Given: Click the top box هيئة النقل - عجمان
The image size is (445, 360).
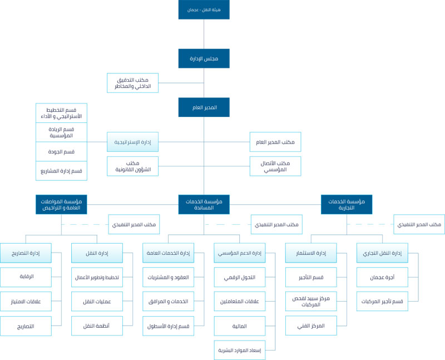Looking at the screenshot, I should [204, 9].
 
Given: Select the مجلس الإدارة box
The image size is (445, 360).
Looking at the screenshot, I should [204, 58].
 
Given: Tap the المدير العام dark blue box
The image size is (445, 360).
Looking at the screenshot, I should [204, 107].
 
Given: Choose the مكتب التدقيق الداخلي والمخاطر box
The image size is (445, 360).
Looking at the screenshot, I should [133, 83].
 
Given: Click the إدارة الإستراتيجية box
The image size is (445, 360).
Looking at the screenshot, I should [133, 142].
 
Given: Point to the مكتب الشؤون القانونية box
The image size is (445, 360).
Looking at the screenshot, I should [133, 166].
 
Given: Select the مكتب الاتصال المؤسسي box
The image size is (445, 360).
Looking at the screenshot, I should [275, 166].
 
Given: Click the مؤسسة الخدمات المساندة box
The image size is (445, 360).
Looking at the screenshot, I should [204, 204].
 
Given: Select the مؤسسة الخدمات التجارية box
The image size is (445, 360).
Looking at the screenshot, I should [347, 204].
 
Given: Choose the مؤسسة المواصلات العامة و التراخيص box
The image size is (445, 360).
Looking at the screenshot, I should [61, 204].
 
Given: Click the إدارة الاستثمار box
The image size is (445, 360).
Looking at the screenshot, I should [311, 253].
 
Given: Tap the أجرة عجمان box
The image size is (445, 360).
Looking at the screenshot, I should [382, 277].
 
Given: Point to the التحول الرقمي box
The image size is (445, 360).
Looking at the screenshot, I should [240, 277].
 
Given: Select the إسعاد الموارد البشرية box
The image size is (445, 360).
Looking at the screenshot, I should [240, 350].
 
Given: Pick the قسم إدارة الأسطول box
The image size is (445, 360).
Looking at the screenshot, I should [168, 326].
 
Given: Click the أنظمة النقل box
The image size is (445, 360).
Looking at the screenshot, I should [97, 326].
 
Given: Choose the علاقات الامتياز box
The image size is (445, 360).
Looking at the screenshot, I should [26, 302].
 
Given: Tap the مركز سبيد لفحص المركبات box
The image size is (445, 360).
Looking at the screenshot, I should [311, 302].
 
